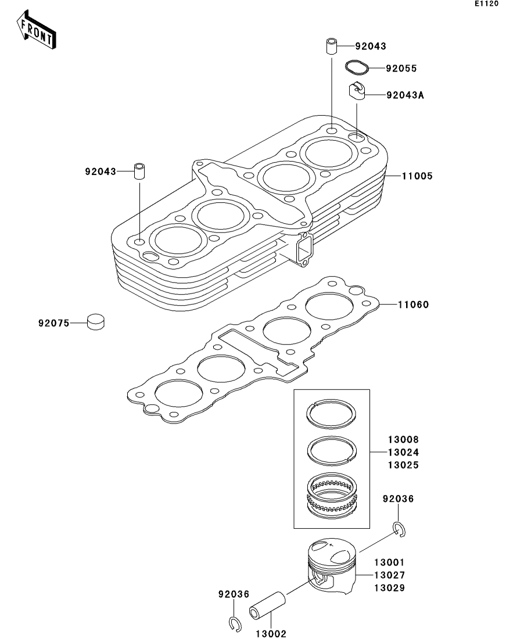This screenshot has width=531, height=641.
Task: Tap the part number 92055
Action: (401, 69)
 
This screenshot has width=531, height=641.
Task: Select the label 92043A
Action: (406, 95)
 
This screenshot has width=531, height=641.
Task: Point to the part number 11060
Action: (413, 304)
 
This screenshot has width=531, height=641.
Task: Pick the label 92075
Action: (53, 321)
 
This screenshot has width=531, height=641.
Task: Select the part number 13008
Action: (388, 440)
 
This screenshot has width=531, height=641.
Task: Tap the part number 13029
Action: (389, 588)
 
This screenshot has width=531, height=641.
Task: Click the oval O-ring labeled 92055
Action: (357, 67)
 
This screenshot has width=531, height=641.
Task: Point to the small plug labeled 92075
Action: (96, 321)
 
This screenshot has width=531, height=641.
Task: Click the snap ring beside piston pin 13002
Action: (234, 624)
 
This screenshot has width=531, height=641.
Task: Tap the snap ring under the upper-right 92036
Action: (399, 528)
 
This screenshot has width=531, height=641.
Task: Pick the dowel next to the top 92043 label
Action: (331, 46)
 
